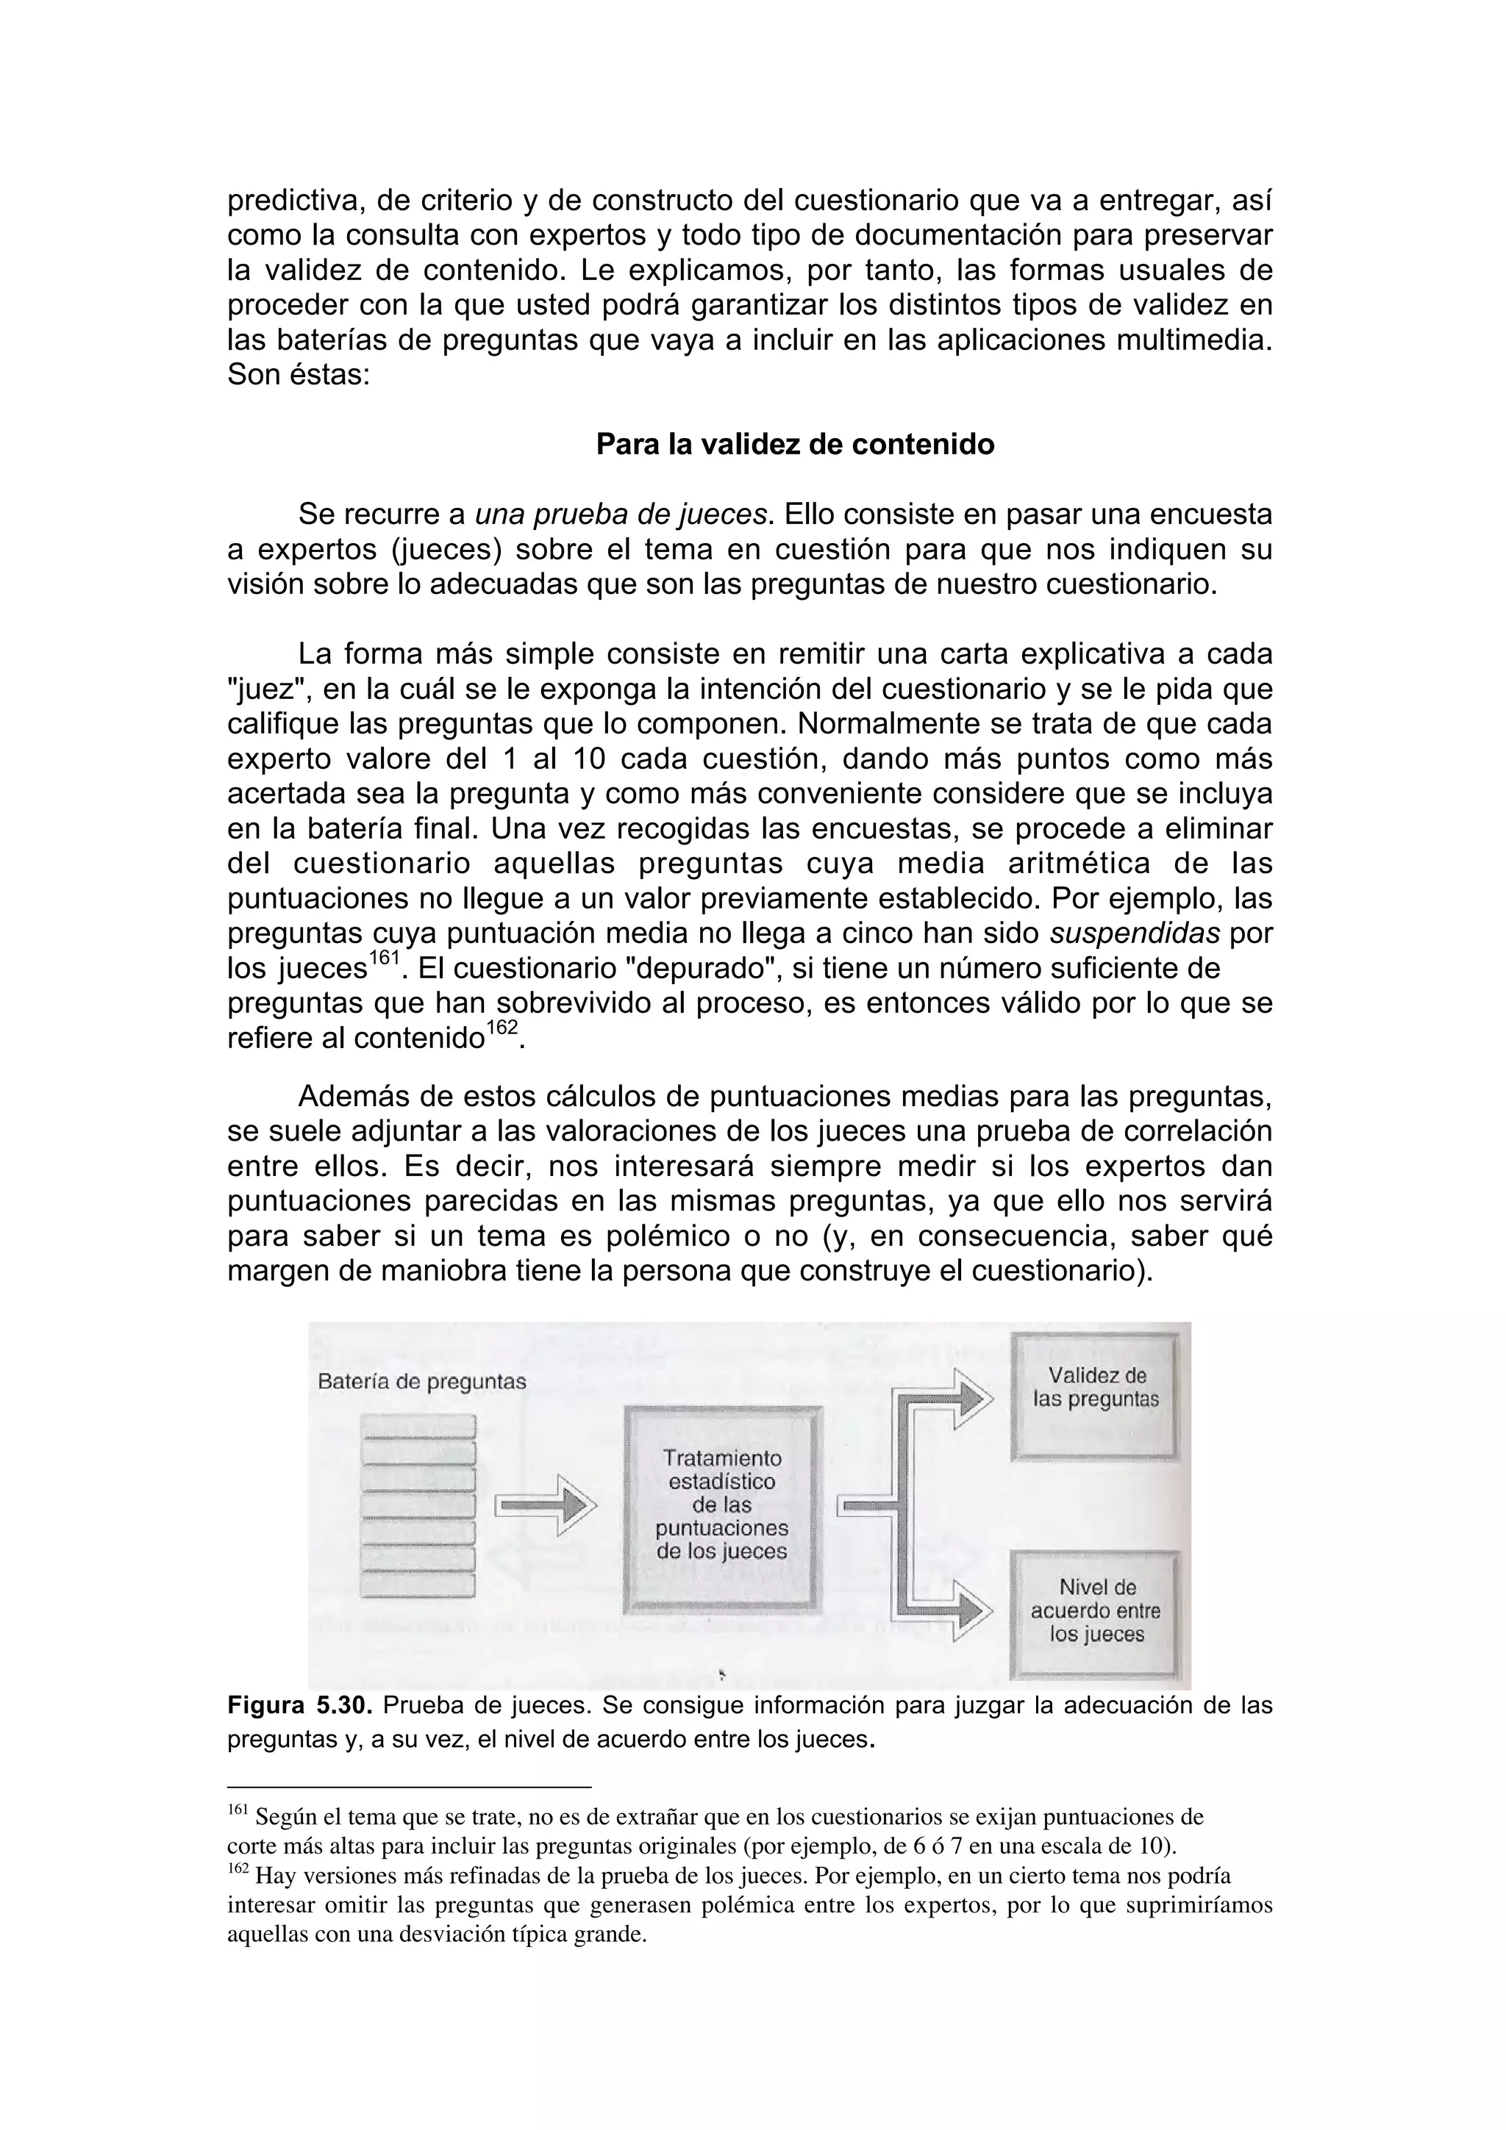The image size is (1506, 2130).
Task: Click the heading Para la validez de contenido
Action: click(x=794, y=445)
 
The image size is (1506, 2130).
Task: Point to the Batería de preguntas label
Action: click(x=421, y=1381)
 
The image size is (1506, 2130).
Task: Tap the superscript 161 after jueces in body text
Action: click(x=383, y=958)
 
